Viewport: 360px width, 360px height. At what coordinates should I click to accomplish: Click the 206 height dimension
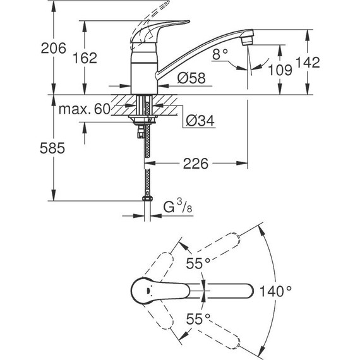(53, 48)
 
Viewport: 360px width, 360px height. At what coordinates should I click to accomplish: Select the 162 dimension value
(85, 58)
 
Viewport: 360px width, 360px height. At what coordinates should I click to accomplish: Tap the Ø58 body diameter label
(191, 78)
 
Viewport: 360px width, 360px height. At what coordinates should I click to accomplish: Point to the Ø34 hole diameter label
(200, 121)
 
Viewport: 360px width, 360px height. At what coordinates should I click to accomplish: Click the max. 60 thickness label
(85, 109)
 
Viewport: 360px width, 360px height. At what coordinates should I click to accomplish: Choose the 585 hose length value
(52, 148)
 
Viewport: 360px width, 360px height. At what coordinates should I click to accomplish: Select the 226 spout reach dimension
(196, 164)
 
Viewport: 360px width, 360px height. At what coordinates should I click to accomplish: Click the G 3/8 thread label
(177, 206)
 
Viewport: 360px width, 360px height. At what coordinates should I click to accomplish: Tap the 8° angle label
(220, 54)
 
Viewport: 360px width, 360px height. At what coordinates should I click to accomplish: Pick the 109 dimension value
(280, 70)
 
